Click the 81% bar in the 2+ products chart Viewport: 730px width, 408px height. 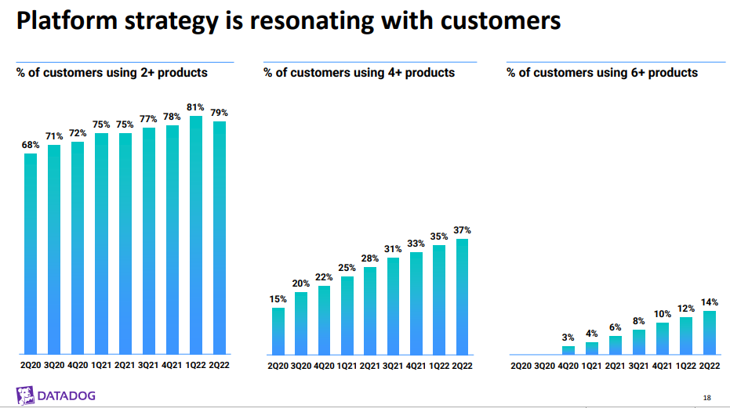pyautogui.click(x=196, y=235)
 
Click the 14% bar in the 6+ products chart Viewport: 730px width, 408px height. pyautogui.click(x=709, y=332)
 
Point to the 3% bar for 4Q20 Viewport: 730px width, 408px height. pyautogui.click(x=568, y=349)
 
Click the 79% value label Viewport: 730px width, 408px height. pyautogui.click(x=220, y=113)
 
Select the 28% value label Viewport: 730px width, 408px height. pyautogui.click(x=370, y=258)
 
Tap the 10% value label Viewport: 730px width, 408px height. pyautogui.click(x=663, y=314)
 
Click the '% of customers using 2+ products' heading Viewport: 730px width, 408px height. pyautogui.click(x=112, y=73)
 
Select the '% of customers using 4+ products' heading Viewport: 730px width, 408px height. pyautogui.click(x=359, y=73)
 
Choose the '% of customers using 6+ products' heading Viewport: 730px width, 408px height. pyautogui.click(x=602, y=73)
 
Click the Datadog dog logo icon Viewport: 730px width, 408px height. pyautogui.click(x=25, y=394)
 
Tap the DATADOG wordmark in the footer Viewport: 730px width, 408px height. pyautogui.click(x=67, y=395)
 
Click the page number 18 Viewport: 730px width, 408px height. pyautogui.click(x=707, y=399)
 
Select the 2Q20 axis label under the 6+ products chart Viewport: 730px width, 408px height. pyautogui.click(x=521, y=366)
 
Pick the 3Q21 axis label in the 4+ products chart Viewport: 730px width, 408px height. pyautogui.click(x=393, y=366)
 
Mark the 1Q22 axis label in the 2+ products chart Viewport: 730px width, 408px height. pyautogui.click(x=196, y=366)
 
